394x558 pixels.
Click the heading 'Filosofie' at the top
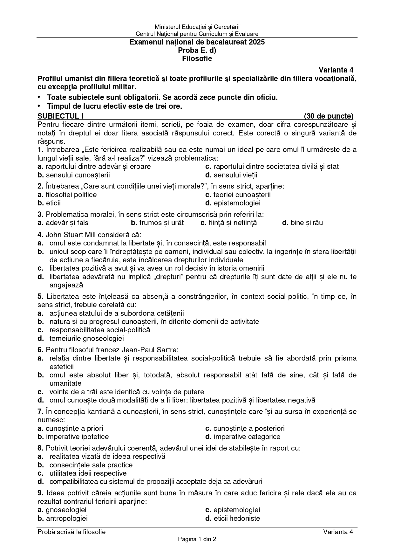click(x=197, y=59)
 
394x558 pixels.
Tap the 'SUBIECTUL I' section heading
click(x=60, y=116)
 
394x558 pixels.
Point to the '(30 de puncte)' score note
click(x=329, y=116)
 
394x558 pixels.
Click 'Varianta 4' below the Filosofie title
click(x=336, y=70)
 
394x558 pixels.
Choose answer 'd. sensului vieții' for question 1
click(x=231, y=175)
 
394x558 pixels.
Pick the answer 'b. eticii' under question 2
click(x=49, y=203)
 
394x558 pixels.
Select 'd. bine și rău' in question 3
click(x=302, y=223)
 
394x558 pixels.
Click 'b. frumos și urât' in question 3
click(x=157, y=223)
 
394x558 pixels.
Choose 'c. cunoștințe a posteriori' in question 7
click(x=245, y=428)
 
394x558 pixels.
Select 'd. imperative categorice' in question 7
click(x=243, y=437)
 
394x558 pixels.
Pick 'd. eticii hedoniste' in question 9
click(x=233, y=518)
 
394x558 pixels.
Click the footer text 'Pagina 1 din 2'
click(x=197, y=539)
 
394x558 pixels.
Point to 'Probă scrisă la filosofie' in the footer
click(x=71, y=532)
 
